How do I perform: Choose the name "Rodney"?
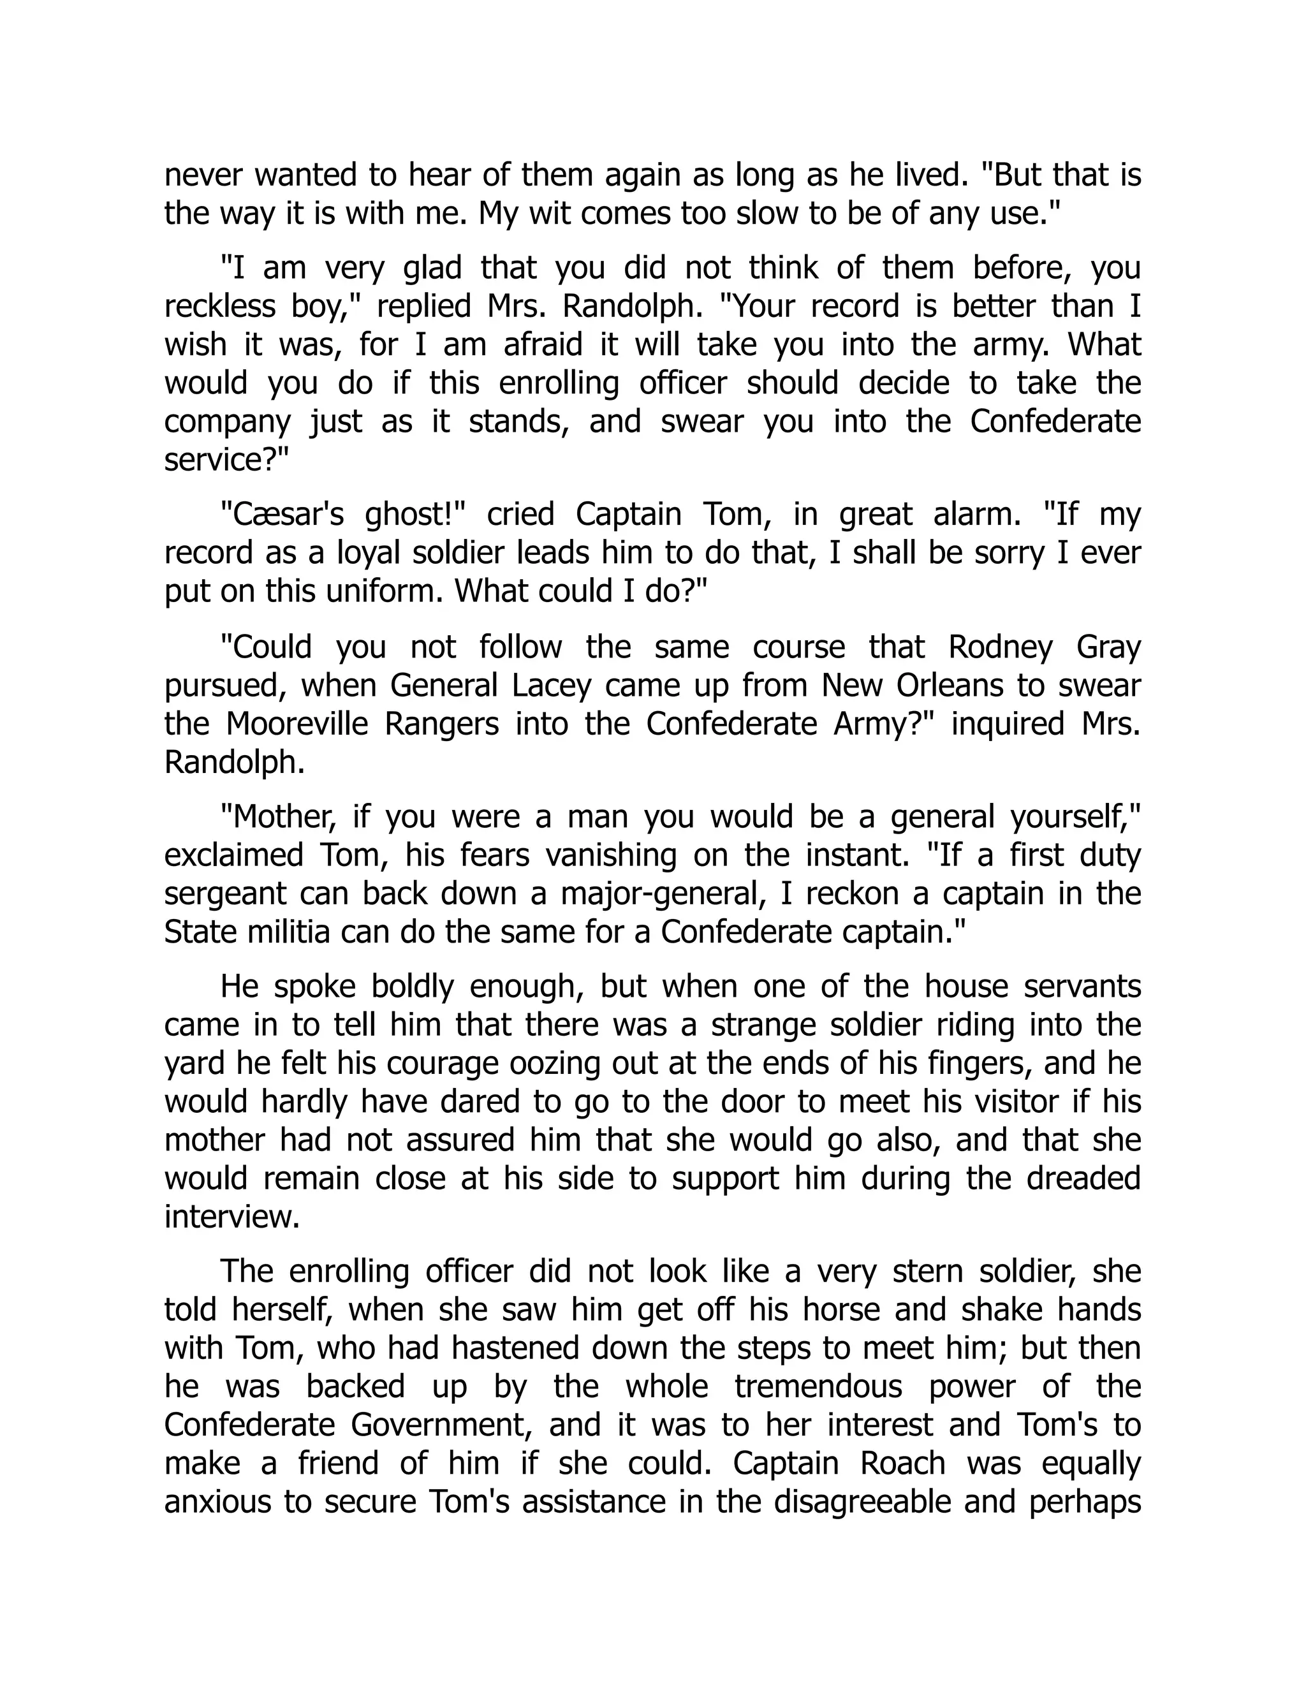pyautogui.click(x=1001, y=647)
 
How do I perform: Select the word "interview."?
pyautogui.click(x=231, y=1217)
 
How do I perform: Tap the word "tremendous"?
pyautogui.click(x=819, y=1386)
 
